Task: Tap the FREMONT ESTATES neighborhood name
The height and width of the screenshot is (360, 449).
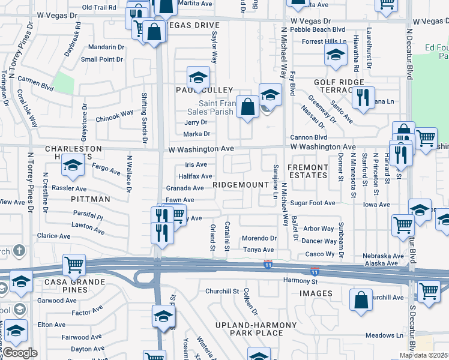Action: pos(308,171)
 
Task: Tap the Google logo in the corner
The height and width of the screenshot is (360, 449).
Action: pos(20,353)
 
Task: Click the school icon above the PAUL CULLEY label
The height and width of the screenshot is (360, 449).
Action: pos(198,77)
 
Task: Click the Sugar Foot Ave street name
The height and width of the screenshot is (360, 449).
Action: pos(313,203)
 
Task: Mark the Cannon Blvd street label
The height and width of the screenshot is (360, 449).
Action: pos(309,137)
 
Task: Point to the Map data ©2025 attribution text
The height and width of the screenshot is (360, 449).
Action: pos(424,355)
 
